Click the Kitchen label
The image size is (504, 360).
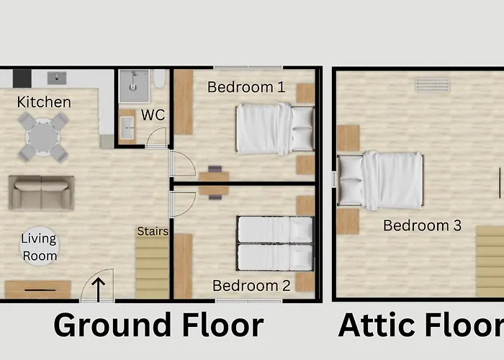click(44, 102)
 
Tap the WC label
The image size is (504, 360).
click(153, 115)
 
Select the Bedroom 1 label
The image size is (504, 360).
click(246, 87)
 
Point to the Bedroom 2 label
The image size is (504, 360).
click(251, 286)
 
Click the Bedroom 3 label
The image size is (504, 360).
click(423, 225)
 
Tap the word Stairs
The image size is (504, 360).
click(153, 231)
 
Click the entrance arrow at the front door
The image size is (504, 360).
click(99, 289)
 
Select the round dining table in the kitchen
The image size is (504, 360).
click(42, 138)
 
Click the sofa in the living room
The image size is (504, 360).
click(42, 193)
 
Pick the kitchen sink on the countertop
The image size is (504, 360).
click(57, 78)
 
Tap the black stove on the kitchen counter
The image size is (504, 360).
click(22, 78)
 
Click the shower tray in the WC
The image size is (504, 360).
click(134, 86)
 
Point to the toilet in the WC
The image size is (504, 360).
click(159, 78)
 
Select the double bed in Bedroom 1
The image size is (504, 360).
click(275, 129)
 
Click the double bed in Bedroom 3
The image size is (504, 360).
click(381, 180)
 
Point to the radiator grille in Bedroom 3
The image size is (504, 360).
click(432, 85)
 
